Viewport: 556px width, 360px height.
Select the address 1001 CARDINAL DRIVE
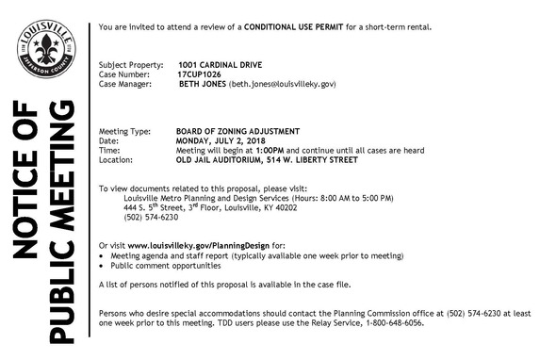tap(215, 64)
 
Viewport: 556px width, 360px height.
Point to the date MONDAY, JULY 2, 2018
tap(223, 140)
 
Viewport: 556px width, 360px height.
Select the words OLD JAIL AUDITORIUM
tap(221, 159)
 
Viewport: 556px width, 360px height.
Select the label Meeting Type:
tap(123, 131)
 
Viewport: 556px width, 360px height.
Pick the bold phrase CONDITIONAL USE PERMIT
tap(292, 25)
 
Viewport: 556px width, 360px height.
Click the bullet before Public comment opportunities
tap(103, 265)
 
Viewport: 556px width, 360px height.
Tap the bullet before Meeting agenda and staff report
tap(103, 255)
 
